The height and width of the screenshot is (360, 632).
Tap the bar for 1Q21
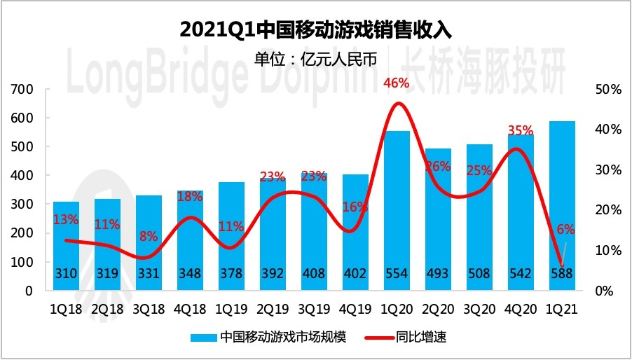[x=563, y=203]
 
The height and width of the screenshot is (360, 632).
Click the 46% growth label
[x=396, y=83]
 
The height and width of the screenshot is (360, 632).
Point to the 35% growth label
[x=520, y=130]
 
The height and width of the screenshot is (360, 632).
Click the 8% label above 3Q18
[x=149, y=236]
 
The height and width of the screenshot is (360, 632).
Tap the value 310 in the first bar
[x=67, y=274]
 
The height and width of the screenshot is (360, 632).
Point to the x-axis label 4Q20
[x=521, y=308]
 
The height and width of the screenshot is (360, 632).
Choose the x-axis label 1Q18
[x=67, y=308]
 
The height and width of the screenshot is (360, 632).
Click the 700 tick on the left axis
[x=23, y=90]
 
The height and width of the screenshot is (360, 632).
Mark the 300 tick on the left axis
[x=23, y=205]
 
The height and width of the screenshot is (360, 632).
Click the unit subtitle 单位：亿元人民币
[x=315, y=59]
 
